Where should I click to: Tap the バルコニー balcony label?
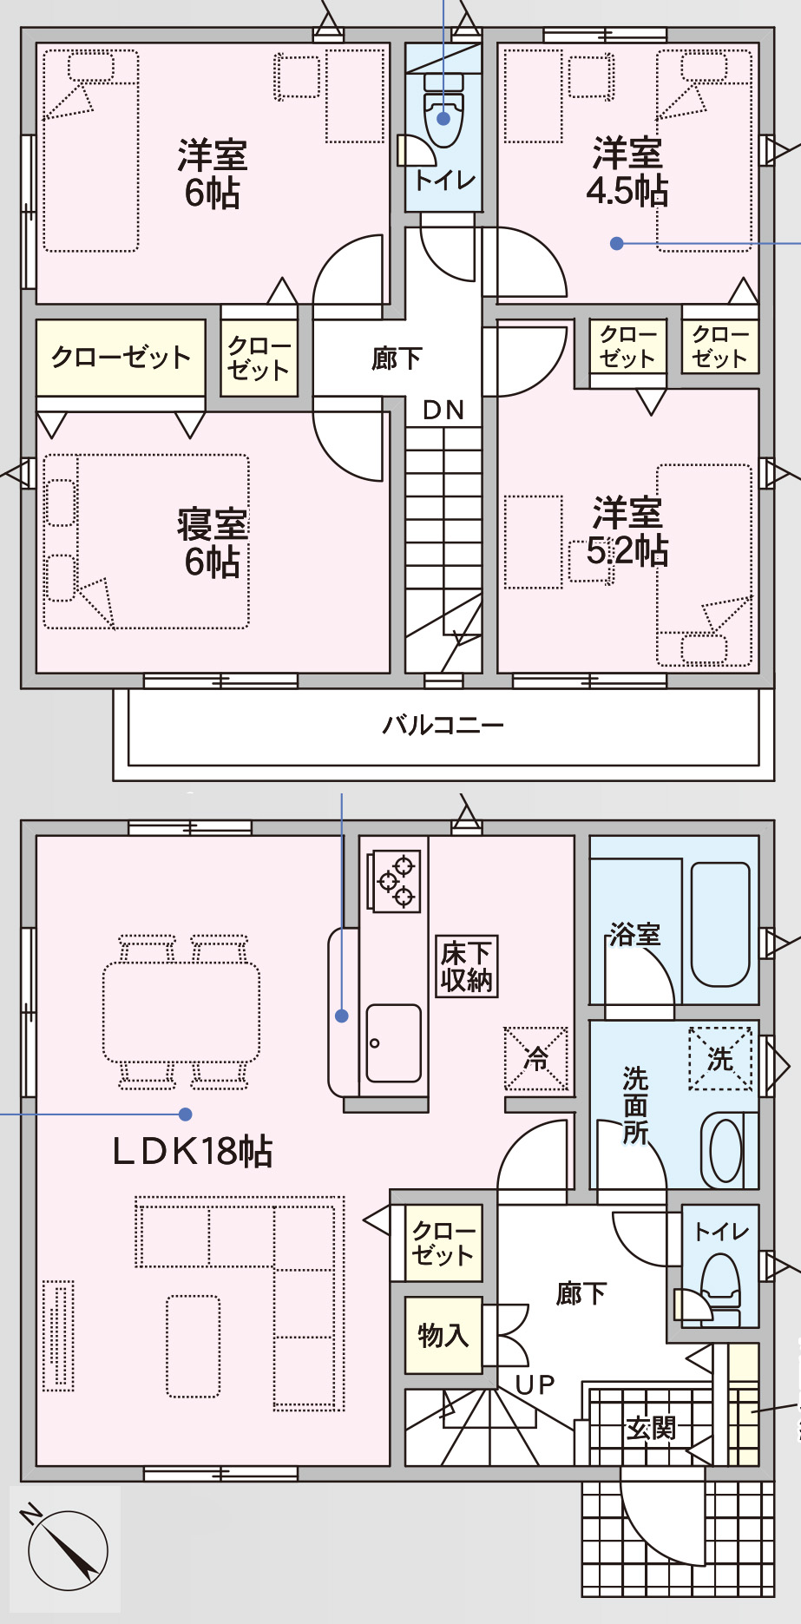click(443, 725)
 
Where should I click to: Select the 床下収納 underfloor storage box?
click(467, 966)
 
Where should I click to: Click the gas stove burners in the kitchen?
click(396, 881)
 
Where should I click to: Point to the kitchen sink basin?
click(393, 1042)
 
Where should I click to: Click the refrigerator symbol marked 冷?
click(536, 1058)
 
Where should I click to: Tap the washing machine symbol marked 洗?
click(720, 1058)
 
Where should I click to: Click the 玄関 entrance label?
click(651, 1428)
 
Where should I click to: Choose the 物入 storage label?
click(443, 1335)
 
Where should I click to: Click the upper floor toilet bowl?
click(443, 117)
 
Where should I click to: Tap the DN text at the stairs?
click(443, 410)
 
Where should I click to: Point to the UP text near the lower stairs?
click(535, 1385)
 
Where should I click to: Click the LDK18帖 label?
click(193, 1152)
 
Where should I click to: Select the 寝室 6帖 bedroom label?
click(213, 543)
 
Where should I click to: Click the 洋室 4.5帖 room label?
click(627, 172)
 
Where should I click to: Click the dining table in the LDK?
click(181, 1012)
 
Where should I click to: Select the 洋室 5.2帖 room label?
click(627, 531)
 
